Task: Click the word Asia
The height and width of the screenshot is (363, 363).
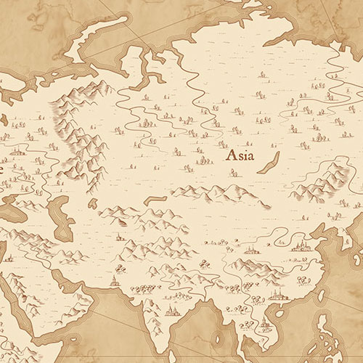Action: click(x=240, y=155)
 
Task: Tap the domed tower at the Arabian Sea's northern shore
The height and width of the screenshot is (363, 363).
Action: click(x=114, y=280)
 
